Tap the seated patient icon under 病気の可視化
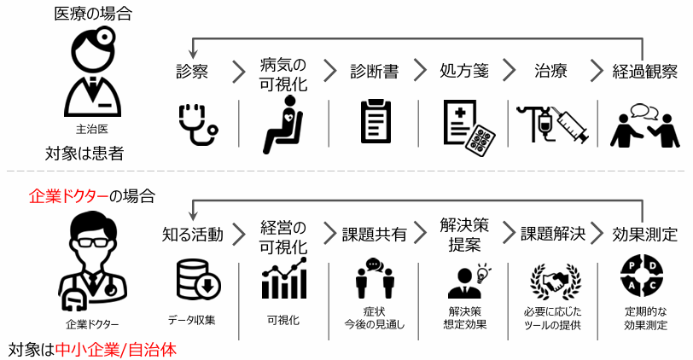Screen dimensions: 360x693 [x=282, y=125]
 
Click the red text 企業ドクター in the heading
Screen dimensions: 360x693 [x=68, y=196]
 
